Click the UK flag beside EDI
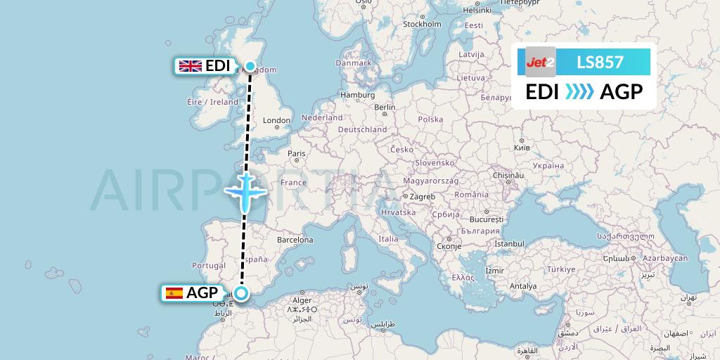[191, 66]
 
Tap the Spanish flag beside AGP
[174, 293]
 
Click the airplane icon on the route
[245, 191]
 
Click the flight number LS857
[600, 62]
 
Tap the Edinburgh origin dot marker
[250, 65]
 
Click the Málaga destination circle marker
[241, 294]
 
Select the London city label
[276, 120]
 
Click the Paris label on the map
[297, 153]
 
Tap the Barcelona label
[295, 240]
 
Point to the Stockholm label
[422, 24]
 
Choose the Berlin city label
[385, 108]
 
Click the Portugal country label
[208, 266]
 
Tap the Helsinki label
[477, 11]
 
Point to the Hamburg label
[357, 95]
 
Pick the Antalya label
[523, 286]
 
